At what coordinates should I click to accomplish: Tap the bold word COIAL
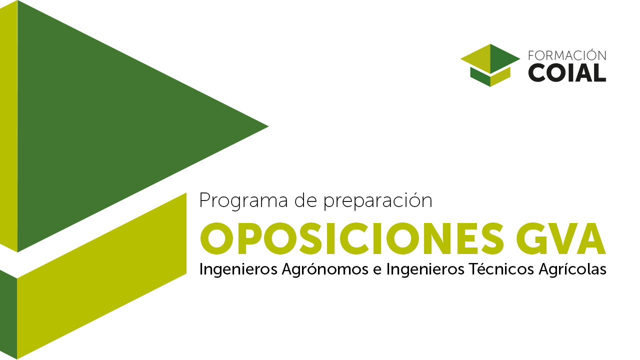click(x=567, y=73)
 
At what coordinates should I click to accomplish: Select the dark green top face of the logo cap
click(x=503, y=58)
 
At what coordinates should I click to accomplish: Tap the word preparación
click(x=377, y=201)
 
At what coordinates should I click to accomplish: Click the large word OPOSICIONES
click(x=351, y=238)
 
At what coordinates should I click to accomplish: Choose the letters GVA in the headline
click(x=561, y=238)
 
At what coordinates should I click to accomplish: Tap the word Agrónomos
click(x=325, y=269)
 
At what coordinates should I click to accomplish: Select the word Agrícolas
click(x=572, y=269)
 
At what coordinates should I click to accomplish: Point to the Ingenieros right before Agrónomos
click(x=238, y=269)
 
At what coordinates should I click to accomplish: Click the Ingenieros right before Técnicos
click(x=425, y=269)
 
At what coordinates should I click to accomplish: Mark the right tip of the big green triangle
click(x=268, y=126)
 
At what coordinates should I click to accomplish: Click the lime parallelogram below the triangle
click(x=101, y=275)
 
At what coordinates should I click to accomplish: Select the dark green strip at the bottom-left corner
click(x=8, y=314)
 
